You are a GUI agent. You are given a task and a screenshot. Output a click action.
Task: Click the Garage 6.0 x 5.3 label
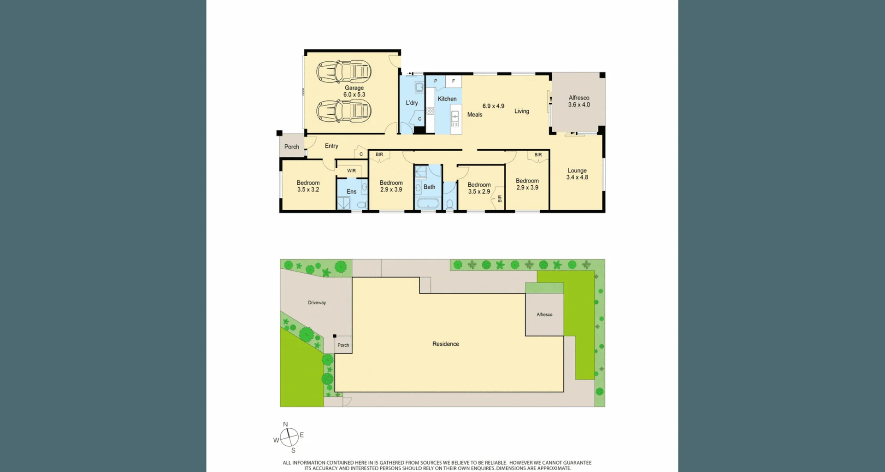click(x=354, y=91)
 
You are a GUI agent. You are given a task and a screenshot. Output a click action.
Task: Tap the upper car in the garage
click(x=344, y=71)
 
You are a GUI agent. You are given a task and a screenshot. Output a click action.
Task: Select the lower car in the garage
click(x=344, y=111)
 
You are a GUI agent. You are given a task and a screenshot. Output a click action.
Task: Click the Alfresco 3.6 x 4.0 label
click(x=579, y=101)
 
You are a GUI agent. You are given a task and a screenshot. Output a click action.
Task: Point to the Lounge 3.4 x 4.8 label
click(x=577, y=174)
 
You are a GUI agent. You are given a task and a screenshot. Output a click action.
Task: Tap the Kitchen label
click(x=447, y=99)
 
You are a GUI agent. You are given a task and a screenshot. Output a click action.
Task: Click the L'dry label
click(x=412, y=103)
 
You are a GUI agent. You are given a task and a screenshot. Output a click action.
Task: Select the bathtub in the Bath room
click(x=428, y=203)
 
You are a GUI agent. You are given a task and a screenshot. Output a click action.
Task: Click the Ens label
click(x=351, y=191)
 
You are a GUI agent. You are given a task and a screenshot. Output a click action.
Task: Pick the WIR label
click(x=351, y=171)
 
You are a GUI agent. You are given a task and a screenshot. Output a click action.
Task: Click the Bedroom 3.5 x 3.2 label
click(x=308, y=186)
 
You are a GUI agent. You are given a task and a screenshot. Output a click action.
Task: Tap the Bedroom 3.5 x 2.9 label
click(x=479, y=188)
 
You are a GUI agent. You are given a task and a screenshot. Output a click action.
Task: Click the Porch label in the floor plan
click(x=291, y=147)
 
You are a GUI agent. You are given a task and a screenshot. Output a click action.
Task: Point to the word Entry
click(x=331, y=146)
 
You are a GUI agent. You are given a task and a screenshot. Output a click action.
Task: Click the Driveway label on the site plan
click(x=317, y=303)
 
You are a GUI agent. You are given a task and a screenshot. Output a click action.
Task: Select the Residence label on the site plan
click(x=445, y=344)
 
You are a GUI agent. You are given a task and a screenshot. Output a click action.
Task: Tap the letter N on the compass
click(x=285, y=424)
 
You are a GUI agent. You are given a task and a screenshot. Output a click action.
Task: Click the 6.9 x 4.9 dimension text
click(x=493, y=106)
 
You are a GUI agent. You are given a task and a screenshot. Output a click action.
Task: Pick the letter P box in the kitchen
click(x=436, y=81)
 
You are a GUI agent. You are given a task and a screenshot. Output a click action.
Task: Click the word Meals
click(x=474, y=115)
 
